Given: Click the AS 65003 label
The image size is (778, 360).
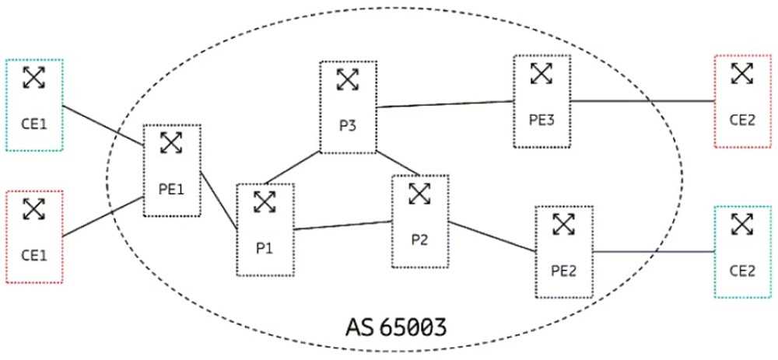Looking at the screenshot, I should (395, 324).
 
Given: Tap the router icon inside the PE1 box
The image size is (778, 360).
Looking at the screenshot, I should (171, 143).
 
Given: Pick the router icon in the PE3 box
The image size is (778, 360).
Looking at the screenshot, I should (541, 74).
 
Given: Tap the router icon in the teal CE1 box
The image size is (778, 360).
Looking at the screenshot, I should (34, 77).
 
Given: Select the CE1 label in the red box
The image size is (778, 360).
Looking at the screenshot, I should (33, 253).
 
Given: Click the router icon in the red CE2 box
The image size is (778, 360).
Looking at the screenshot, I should (743, 74).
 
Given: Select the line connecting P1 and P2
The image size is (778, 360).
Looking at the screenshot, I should (343, 225).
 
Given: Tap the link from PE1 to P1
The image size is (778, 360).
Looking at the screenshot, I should (219, 200).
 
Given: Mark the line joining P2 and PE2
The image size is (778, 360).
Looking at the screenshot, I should (492, 236).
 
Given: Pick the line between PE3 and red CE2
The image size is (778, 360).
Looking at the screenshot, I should (642, 101).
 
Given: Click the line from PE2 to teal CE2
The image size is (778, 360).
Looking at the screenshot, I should (654, 252).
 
